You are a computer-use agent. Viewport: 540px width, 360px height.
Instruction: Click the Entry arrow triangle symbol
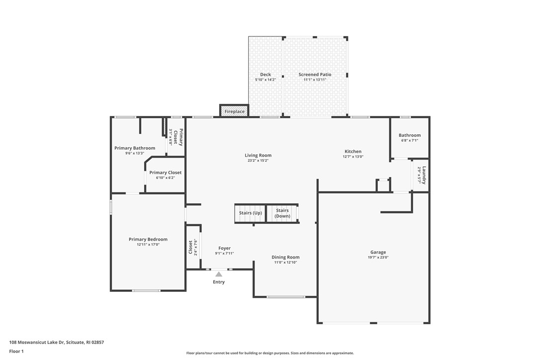pos(219,274)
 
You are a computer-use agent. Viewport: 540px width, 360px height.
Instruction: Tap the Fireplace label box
pos(234,111)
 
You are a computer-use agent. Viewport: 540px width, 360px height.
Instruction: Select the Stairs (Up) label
pos(250,213)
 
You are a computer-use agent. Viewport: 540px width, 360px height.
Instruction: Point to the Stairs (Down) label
pos(282,213)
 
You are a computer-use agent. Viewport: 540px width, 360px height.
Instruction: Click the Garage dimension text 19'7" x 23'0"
pos(378,258)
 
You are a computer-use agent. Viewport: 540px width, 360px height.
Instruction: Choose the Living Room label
pos(258,155)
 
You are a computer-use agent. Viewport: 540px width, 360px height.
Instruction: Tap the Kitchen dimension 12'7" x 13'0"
pos(353,157)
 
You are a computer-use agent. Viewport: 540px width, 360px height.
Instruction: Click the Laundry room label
pos(424,174)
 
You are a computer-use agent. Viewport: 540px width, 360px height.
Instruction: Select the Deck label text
pos(266,75)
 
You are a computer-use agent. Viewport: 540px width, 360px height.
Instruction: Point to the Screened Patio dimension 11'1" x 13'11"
pos(315,80)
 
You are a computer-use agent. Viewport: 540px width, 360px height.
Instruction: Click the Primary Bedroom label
pos(148,239)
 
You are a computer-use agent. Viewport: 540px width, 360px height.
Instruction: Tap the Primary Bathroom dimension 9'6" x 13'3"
pos(135,153)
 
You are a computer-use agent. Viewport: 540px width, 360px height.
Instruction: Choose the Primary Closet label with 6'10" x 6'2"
pos(166,173)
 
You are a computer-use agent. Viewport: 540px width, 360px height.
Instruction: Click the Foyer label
pos(224,248)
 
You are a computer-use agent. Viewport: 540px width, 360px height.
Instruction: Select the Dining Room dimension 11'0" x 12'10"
pos(285,262)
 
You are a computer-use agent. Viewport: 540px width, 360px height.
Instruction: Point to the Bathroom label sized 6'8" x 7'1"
pos(410,135)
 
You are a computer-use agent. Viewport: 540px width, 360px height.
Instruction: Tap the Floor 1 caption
pos(16,351)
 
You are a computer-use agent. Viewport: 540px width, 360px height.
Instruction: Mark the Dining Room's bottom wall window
pos(286,297)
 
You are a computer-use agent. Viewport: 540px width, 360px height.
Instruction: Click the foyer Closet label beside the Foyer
pos(190,247)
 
